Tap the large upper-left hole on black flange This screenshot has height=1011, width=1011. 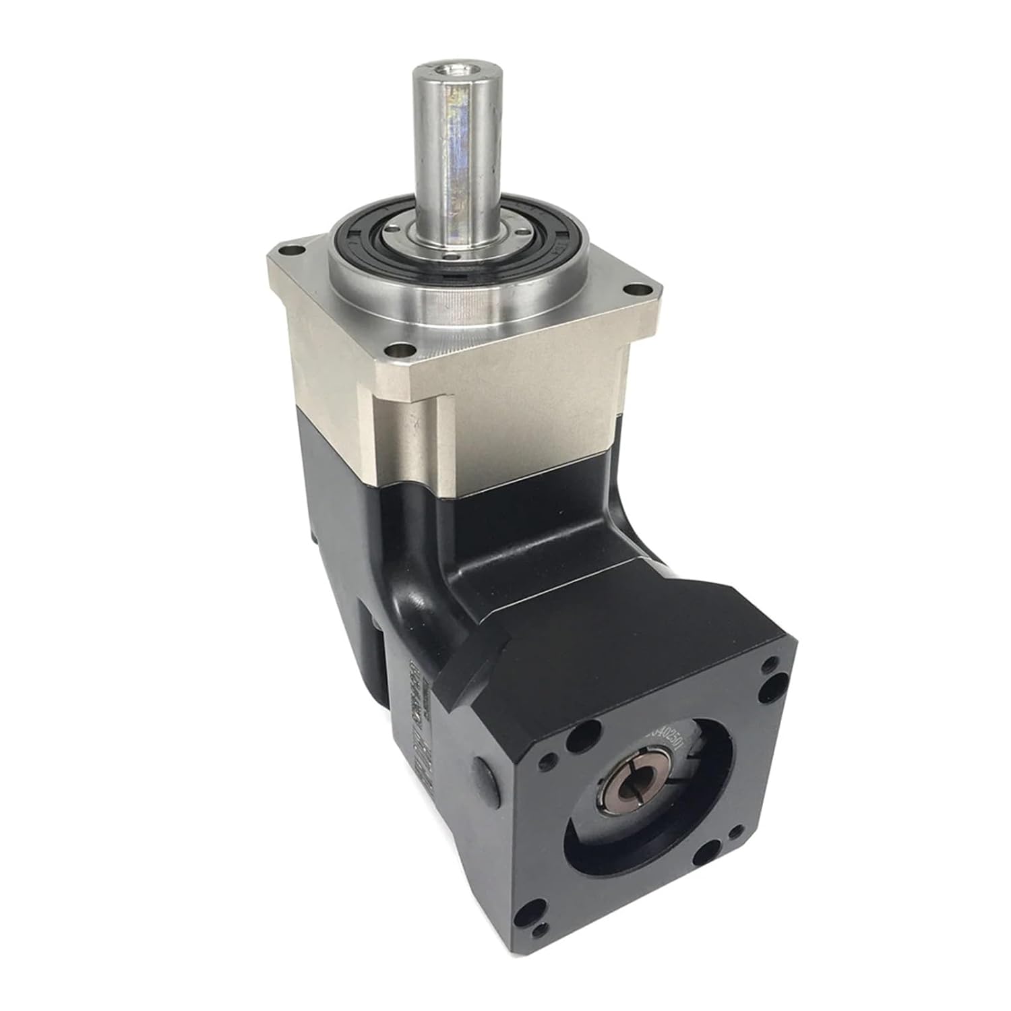(x=590, y=730)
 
